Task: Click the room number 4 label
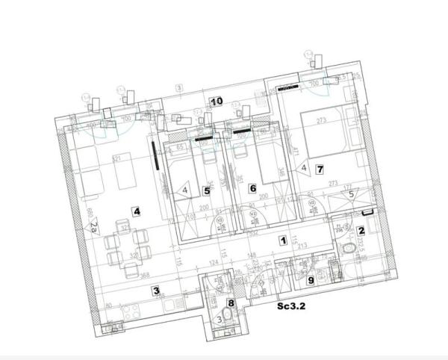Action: click(137, 211)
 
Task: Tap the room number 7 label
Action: click(319, 170)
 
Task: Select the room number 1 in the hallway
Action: click(283, 240)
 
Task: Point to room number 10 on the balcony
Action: click(216, 101)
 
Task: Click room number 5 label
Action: click(207, 190)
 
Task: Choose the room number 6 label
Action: click(253, 188)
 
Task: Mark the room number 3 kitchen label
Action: click(155, 291)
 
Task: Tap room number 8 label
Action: click(231, 302)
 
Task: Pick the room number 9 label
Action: click(311, 281)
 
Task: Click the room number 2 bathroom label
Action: click(361, 232)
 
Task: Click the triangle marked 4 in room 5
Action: click(184, 190)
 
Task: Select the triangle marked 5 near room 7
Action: click(352, 194)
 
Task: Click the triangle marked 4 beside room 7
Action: click(304, 169)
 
